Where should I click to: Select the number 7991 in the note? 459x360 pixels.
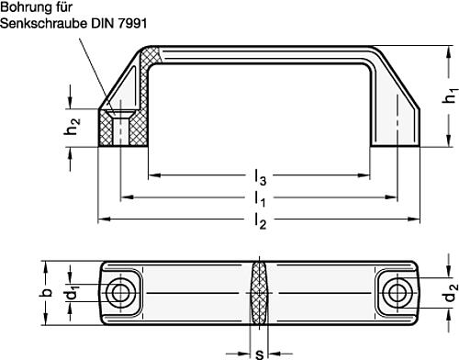point(132,23)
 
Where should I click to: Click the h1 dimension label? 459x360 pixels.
point(450,96)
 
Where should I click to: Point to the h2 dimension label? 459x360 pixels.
point(73,127)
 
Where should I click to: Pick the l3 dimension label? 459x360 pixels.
point(260,177)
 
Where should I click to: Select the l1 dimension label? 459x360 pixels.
point(260,199)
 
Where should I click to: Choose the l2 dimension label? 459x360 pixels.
point(261,221)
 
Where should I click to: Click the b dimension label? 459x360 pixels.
point(46,293)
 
